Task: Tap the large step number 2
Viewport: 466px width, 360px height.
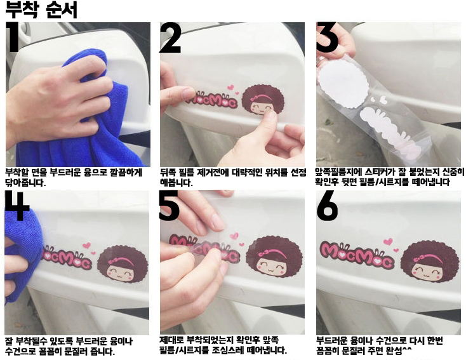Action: [x=171, y=38]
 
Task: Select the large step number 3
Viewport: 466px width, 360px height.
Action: [x=327, y=37]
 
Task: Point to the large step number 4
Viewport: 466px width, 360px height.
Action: [x=17, y=205]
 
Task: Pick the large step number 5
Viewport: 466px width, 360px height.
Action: [x=169, y=205]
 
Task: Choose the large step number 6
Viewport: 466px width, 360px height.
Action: [x=327, y=205]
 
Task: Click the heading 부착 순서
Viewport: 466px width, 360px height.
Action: [x=41, y=10]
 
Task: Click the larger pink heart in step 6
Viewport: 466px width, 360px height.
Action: [x=388, y=242]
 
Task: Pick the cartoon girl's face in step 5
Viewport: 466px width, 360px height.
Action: [x=271, y=266]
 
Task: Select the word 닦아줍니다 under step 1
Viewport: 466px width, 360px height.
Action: [x=25, y=182]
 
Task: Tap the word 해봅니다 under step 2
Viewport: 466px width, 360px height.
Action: [x=176, y=182]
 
